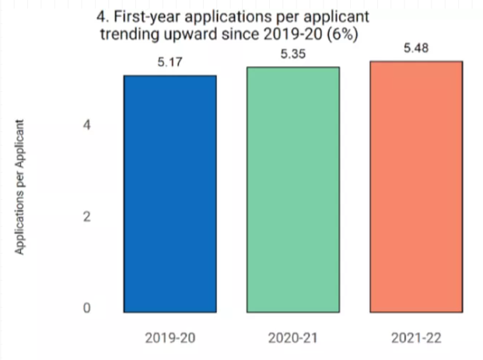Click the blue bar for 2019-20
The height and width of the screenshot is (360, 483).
click(x=170, y=194)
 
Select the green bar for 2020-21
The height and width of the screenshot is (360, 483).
click(x=293, y=190)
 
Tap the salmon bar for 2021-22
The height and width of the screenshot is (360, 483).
click(x=417, y=187)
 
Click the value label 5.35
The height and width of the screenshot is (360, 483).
click(x=293, y=54)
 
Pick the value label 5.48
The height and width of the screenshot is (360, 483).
click(x=417, y=48)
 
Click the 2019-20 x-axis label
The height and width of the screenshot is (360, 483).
click(x=170, y=338)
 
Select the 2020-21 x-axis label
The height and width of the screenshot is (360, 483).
click(x=293, y=338)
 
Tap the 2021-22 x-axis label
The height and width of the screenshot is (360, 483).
click(x=417, y=338)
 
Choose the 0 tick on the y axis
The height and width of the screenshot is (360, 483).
click(x=88, y=308)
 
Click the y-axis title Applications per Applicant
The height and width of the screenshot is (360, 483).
click(x=23, y=187)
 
